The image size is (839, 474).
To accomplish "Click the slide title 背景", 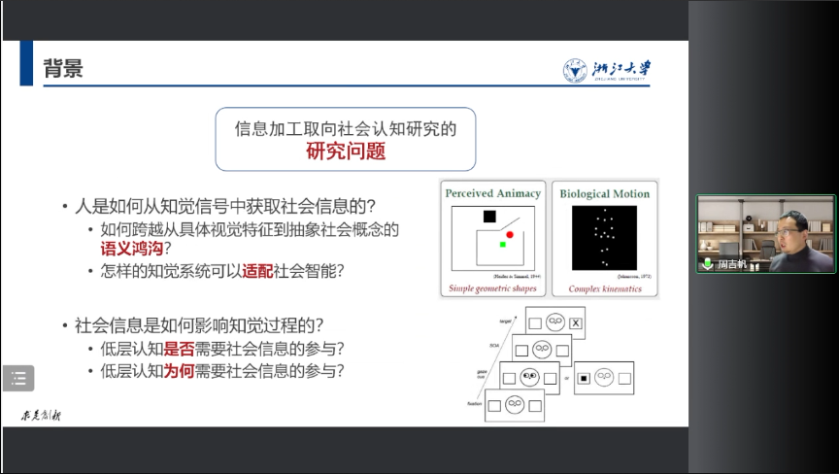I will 64,68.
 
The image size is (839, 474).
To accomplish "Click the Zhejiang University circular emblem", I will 575,71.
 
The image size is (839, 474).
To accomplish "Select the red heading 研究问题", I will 346,151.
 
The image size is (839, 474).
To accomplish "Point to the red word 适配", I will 256,270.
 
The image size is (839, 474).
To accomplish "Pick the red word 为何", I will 177,371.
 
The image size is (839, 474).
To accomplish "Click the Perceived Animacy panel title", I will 492,193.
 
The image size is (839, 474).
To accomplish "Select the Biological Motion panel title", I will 604,193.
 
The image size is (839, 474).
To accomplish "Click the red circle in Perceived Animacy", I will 509,235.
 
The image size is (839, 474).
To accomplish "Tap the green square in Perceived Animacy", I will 503,245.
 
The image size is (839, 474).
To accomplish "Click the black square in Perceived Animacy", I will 489,216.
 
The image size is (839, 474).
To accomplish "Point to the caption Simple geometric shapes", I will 492,289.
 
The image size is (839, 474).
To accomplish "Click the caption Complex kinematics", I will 603,289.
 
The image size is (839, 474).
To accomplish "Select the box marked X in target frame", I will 576,322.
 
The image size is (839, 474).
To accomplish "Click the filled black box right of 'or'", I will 584,377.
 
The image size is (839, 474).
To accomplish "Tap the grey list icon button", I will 18,379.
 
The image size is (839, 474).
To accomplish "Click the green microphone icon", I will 708,263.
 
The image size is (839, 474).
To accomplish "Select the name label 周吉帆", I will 732,264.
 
